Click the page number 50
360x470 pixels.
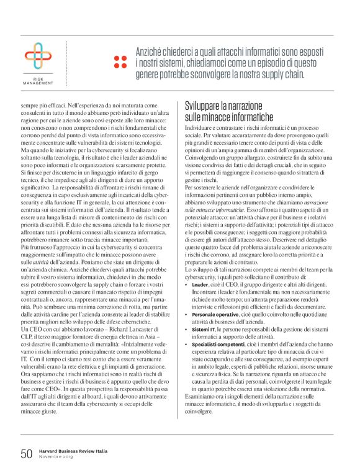click(25, 453)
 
